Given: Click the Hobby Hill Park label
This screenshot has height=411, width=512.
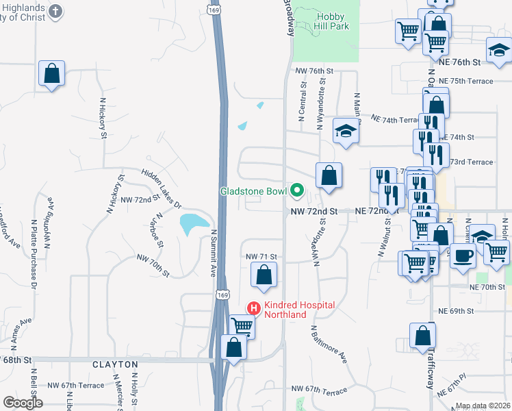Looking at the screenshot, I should [333, 21].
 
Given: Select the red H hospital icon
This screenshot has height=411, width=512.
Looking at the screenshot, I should [254, 309].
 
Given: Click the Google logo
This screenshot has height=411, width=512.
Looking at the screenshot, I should [23, 403].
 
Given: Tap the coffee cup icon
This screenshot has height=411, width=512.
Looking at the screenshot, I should [463, 256].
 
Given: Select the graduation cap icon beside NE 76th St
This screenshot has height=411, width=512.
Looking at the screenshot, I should [499, 49].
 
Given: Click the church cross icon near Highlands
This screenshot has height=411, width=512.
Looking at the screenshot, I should [56, 12].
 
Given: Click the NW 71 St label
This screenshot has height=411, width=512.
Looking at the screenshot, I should [261, 256].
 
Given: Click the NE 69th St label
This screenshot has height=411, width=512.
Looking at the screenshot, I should [457, 311].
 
